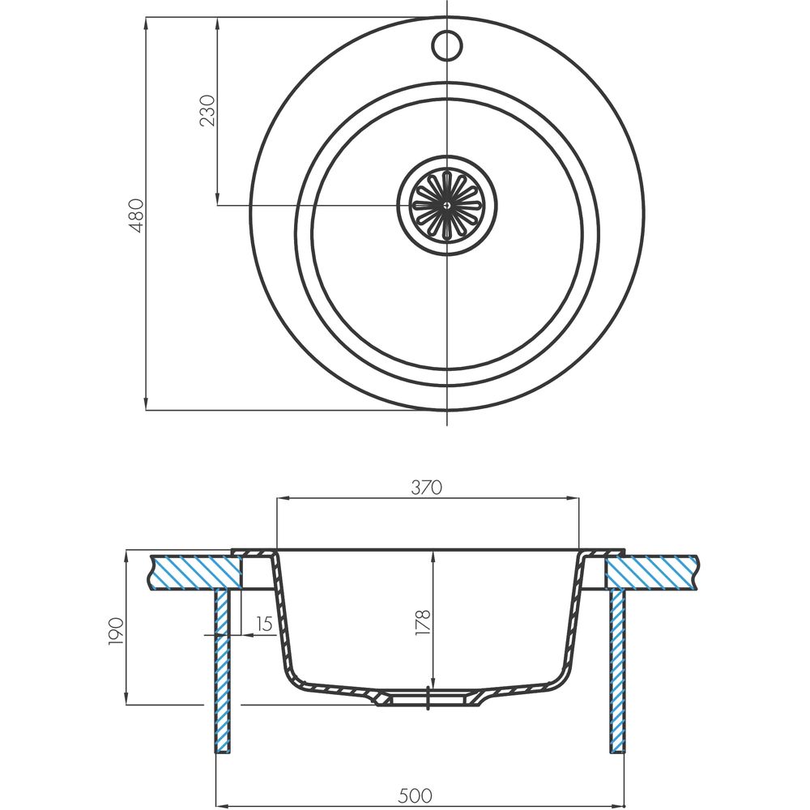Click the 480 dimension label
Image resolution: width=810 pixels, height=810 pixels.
tap(136, 215)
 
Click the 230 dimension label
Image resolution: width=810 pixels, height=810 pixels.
tap(207, 110)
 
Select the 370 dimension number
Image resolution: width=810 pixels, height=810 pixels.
tap(427, 487)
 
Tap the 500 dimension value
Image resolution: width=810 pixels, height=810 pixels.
tap(416, 795)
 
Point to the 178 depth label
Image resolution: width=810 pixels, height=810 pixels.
tap(423, 622)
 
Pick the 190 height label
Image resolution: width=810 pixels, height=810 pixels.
tap(116, 631)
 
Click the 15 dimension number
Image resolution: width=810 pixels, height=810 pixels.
tap(264, 624)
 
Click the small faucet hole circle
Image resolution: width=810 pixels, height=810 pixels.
tap(447, 45)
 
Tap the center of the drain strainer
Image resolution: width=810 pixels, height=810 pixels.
tap(447, 205)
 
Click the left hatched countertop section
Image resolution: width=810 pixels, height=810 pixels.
tap(196, 572)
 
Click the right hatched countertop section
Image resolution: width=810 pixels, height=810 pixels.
tap(652, 572)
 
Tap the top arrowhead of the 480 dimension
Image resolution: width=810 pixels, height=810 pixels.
tap(146, 23)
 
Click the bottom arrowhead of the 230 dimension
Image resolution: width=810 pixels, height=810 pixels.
tap(217, 199)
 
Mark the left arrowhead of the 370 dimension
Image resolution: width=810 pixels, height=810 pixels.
tap(283, 498)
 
